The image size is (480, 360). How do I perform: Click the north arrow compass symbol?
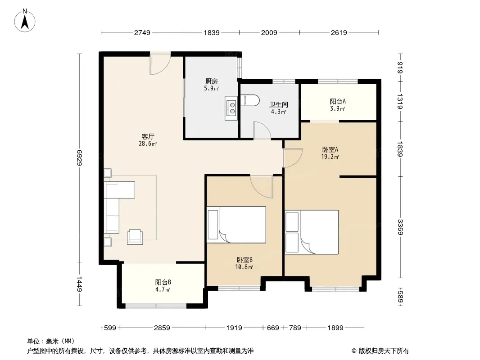(x=25, y=21)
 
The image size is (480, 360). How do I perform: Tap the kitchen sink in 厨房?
(x=231, y=108)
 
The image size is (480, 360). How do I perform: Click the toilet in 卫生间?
(x=250, y=100)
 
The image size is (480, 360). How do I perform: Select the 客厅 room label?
(x=148, y=136)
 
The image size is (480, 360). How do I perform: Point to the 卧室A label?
(x=330, y=149)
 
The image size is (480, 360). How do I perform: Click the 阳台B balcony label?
(x=163, y=282)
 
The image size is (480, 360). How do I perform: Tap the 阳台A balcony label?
(x=338, y=101)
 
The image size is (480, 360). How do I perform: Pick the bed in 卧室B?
(x=236, y=225)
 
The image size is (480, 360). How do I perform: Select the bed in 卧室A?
(x=312, y=232)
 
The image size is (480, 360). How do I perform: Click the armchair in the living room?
(x=135, y=237)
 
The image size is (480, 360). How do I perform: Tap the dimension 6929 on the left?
(x=79, y=158)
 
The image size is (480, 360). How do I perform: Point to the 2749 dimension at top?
(x=142, y=32)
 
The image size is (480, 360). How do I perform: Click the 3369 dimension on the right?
(x=400, y=227)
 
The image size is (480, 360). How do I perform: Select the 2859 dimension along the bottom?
(x=162, y=328)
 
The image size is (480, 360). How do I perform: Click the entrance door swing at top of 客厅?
(x=160, y=63)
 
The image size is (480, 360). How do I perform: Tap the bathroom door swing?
(x=262, y=130)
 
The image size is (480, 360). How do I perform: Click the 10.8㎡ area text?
(x=244, y=267)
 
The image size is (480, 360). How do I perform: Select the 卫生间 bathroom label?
(x=279, y=104)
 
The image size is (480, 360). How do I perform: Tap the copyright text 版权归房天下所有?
(x=384, y=351)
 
